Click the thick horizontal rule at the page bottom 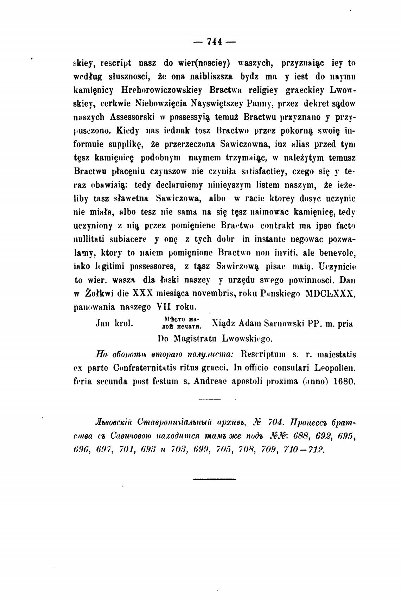(214, 479)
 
